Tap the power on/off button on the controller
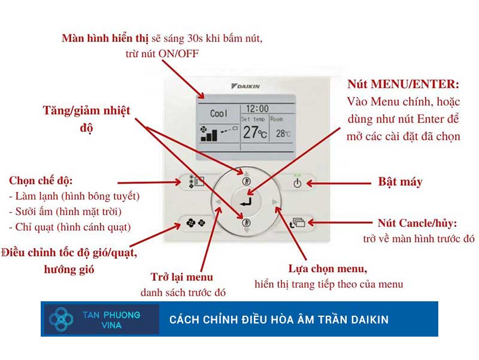click(298, 182)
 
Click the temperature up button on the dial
click(245, 180)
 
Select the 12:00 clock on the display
click(257, 109)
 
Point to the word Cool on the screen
click(219, 113)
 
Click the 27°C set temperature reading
click(254, 132)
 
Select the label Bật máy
click(399, 181)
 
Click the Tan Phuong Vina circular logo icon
click(61, 319)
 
